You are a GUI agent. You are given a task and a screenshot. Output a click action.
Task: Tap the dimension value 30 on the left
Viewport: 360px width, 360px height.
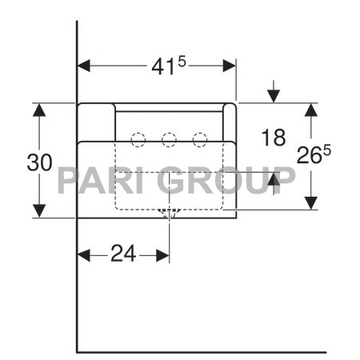point(39,162)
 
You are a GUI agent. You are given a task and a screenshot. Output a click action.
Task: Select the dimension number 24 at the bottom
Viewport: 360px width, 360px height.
point(122,254)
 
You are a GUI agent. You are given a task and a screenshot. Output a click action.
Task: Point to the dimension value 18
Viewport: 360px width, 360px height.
point(273,138)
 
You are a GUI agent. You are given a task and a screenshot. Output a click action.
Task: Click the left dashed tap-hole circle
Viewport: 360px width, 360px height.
point(138,139)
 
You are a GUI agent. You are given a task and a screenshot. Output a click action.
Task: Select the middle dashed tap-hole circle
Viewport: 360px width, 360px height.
point(169,139)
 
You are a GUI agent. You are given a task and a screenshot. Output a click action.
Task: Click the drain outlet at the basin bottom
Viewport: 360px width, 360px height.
point(169,213)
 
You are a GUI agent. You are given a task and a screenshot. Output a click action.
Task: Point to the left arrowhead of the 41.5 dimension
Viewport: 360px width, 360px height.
point(83,66)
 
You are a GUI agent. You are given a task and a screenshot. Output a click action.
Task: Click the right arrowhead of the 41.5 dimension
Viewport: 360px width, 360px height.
point(230,66)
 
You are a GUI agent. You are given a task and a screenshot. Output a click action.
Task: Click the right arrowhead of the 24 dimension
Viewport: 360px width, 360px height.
point(163,255)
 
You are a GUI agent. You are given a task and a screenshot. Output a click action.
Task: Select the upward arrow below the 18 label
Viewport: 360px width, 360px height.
point(274,179)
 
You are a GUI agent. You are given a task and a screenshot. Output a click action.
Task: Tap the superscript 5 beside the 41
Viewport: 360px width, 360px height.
point(182,62)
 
